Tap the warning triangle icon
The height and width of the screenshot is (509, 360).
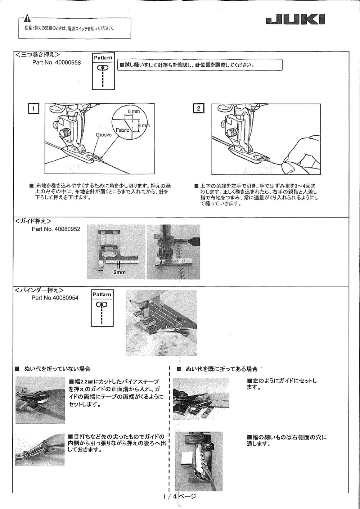[28, 19]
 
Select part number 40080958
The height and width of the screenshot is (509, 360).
[57, 62]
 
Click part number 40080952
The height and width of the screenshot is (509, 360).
[56, 229]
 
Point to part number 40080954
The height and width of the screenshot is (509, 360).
[55, 298]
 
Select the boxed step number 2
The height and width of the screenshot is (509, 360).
[199, 108]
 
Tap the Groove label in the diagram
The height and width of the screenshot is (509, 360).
[103, 135]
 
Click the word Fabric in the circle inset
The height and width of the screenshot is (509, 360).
[122, 130]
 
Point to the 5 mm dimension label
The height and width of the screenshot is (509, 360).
[134, 112]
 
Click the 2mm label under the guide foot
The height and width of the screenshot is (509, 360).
[120, 272]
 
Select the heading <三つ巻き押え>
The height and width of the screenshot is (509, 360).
[37, 55]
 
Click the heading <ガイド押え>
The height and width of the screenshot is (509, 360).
[33, 221]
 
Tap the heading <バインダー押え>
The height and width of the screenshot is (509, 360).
[40, 290]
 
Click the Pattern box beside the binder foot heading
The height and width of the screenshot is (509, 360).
[102, 308]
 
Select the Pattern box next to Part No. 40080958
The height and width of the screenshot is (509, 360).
[103, 71]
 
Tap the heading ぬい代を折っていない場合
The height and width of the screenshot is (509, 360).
[57, 369]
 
